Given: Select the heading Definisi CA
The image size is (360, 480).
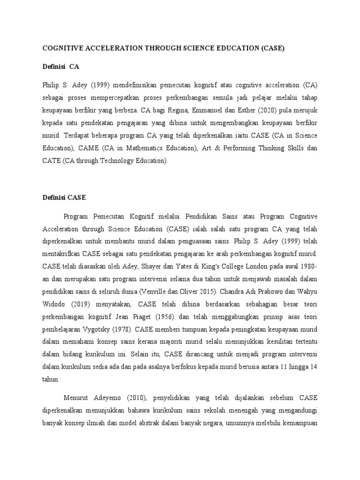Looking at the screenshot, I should [x=61, y=67].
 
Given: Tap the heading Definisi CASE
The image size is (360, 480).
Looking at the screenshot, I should [x=64, y=197].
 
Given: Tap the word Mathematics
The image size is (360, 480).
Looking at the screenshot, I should [x=139, y=148].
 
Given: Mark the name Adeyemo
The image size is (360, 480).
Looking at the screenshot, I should [x=107, y=398].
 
